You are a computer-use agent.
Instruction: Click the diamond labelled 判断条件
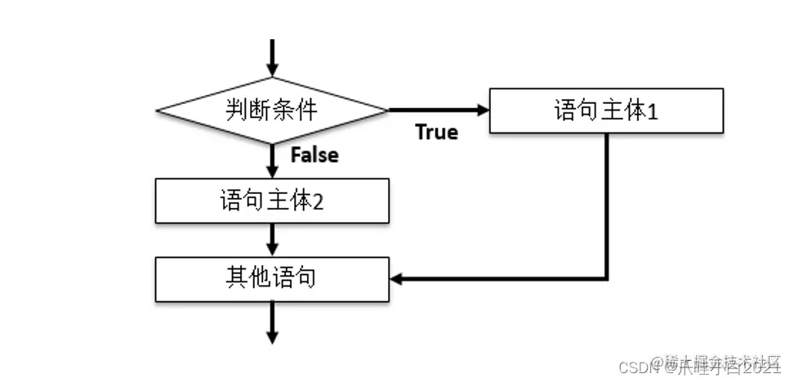click(x=272, y=110)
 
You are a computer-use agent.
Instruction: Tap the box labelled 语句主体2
click(x=272, y=201)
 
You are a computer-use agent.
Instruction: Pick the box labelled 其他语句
click(x=272, y=278)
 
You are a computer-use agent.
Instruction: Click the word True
click(x=436, y=132)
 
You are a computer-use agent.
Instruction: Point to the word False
click(x=314, y=154)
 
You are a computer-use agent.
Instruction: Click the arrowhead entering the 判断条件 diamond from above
click(x=272, y=70)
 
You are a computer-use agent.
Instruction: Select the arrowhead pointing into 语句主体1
click(x=482, y=110)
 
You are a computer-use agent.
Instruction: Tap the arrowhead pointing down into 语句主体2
click(x=272, y=173)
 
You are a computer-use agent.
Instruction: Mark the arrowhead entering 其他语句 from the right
click(x=398, y=278)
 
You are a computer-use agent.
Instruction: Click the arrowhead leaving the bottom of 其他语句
click(x=272, y=336)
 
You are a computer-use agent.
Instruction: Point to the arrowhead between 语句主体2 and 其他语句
click(x=272, y=250)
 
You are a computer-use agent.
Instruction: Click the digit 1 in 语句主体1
click(x=653, y=111)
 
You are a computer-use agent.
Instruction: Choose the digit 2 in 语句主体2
click(x=319, y=201)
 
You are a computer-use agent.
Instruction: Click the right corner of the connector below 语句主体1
click(x=607, y=278)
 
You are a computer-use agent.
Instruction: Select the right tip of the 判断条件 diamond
click(x=388, y=110)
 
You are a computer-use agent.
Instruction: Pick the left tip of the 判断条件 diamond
click(x=157, y=110)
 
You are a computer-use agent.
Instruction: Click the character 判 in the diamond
click(x=234, y=109)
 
